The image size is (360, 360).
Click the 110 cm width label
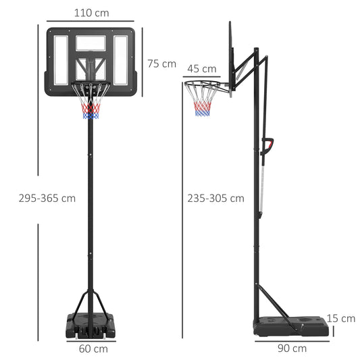pos(92,13)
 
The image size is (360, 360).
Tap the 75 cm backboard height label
pos(161,63)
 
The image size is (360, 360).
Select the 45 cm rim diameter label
pos(201,68)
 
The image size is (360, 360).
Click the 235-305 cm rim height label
pos(216,198)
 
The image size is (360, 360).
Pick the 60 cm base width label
pos(93,349)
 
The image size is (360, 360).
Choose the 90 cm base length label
pos(292,349)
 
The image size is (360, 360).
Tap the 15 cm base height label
pos(340,318)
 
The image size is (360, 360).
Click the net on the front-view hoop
pos(91,105)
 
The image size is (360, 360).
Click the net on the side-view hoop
pos(203,103)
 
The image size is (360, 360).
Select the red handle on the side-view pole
pos(269,145)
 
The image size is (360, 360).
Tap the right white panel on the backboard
pos(121,59)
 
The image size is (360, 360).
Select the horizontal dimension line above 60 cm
pos(92,339)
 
